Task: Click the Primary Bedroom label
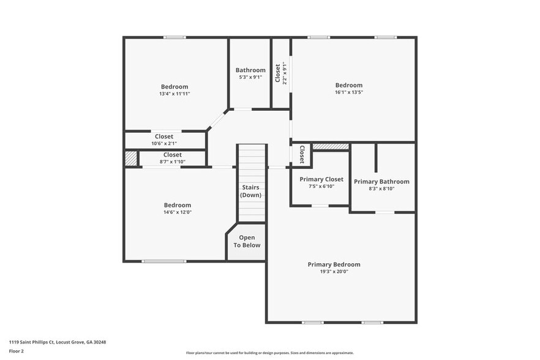tap(334, 264)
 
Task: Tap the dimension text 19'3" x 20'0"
tap(334, 272)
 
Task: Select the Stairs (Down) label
tap(251, 191)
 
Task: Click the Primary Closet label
tap(321, 179)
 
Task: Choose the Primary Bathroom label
tap(381, 181)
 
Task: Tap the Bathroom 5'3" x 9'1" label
tap(250, 73)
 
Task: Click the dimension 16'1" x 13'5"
tap(348, 92)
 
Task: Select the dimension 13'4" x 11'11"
tap(174, 94)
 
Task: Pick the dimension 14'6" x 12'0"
tap(177, 212)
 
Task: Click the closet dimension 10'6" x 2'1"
tap(163, 143)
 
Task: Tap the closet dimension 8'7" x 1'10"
tap(172, 162)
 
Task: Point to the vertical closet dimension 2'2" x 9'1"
tap(284, 73)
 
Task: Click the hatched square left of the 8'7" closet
tap(130, 159)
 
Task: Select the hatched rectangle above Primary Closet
tap(330, 147)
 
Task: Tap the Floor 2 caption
tap(17, 351)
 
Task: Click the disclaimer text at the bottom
tap(269, 353)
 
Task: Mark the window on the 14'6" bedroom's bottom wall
tap(163, 261)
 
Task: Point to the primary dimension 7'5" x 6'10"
tap(321, 186)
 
